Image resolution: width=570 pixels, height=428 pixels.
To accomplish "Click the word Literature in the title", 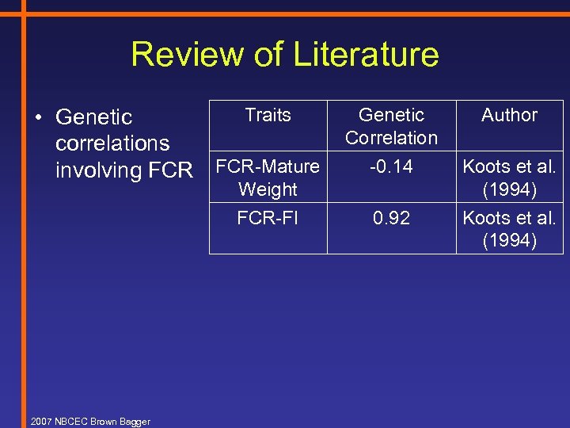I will [x=366, y=55].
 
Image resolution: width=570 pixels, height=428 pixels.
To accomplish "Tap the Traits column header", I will [x=268, y=115].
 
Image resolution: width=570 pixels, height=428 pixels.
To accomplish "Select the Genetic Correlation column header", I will [x=391, y=126].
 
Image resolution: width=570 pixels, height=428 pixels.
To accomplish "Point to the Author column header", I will [x=509, y=115].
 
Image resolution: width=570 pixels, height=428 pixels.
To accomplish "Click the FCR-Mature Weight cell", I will [x=268, y=178].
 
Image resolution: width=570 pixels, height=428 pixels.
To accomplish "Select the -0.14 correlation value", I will [x=391, y=166].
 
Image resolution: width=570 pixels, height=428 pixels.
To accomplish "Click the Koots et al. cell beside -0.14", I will [x=509, y=178].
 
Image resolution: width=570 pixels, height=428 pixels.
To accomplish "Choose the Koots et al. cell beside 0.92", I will [x=509, y=229].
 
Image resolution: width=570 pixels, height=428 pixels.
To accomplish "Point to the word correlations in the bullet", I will [x=112, y=143].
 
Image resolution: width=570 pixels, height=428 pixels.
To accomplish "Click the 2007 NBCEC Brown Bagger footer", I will [x=89, y=422].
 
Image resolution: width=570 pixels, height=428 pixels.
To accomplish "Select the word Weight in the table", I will [x=268, y=189].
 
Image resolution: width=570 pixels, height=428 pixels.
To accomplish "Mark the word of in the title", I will [x=272, y=55].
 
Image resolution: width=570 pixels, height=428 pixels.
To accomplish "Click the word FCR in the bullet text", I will [x=170, y=170].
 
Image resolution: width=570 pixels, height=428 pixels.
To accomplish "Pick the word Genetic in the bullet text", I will [x=94, y=117].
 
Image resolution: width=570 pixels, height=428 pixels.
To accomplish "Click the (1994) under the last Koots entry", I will [x=509, y=240].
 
